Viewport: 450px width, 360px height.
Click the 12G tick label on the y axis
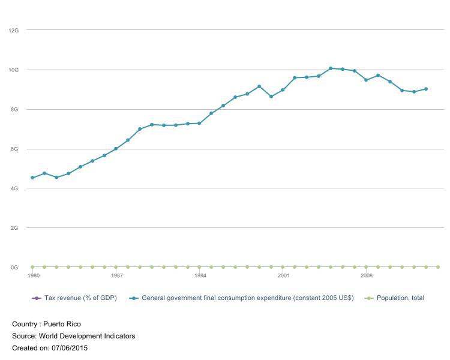point(14,30)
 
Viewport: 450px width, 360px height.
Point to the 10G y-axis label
point(14,70)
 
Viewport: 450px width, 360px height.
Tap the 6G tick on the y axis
point(15,149)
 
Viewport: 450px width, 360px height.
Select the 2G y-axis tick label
point(15,228)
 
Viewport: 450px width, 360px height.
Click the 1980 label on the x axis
point(34,276)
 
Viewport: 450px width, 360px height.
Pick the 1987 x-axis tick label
point(117,276)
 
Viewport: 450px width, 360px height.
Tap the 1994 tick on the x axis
point(200,276)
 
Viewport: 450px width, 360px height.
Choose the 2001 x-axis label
point(283,276)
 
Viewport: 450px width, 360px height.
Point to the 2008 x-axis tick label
point(367,276)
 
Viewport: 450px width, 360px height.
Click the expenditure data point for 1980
point(32,178)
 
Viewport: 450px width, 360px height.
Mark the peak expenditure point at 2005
point(331,68)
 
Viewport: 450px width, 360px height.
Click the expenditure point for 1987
point(116,149)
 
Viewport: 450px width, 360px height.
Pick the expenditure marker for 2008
point(366,80)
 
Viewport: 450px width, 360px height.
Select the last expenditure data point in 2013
point(425,89)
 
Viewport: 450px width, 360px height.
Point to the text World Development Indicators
point(87,336)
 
